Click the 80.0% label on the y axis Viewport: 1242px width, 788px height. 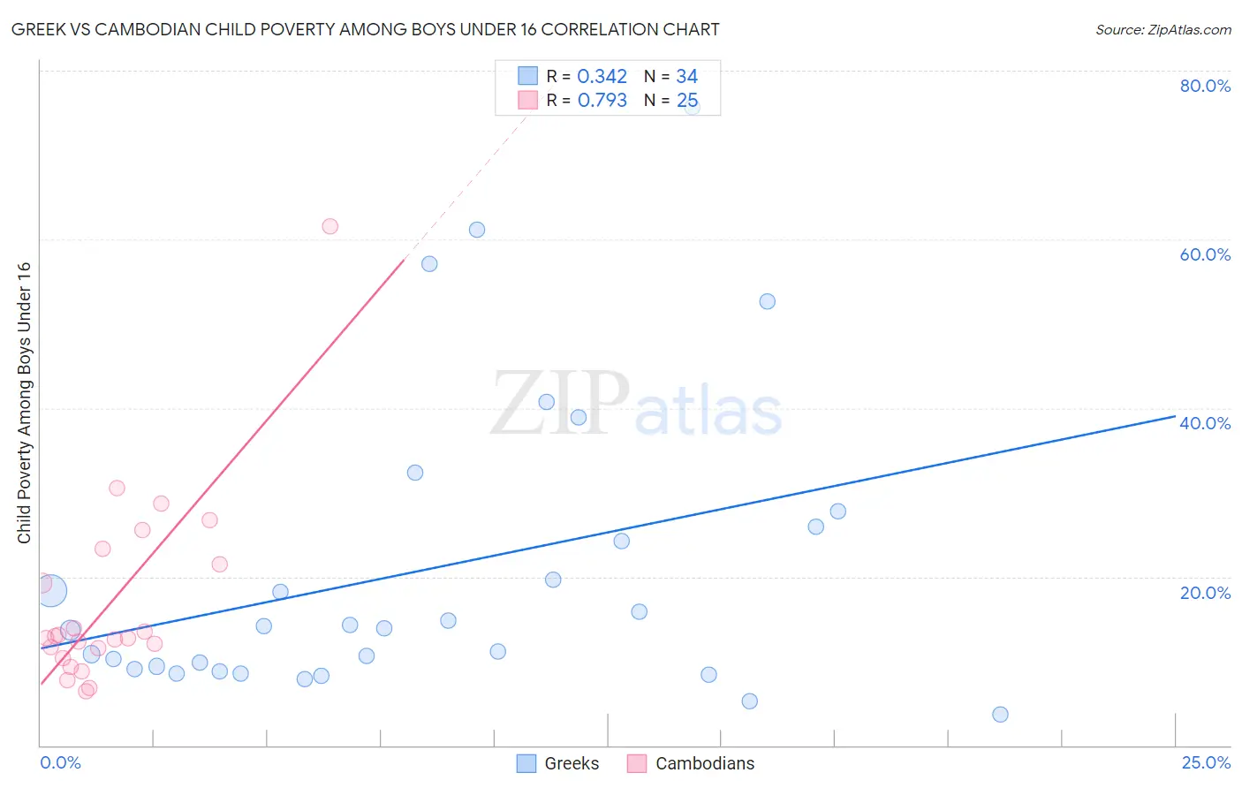point(1205,86)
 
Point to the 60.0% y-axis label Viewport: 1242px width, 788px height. point(1205,254)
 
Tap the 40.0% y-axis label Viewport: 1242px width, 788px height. point(1205,423)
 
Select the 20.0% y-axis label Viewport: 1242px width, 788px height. point(1205,592)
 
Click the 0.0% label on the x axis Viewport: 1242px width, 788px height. point(60,762)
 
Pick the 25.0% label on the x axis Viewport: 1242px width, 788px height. point(1206,762)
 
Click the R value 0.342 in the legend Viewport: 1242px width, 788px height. point(602,77)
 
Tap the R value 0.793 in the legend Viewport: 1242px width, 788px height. point(602,101)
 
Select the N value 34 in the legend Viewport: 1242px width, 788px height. point(686,77)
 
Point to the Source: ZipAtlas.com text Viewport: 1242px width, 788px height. point(1162,30)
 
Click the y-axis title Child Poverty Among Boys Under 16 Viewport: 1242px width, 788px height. point(25,403)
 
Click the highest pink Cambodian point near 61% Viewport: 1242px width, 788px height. point(329,226)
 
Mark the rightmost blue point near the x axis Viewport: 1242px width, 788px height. point(1000,714)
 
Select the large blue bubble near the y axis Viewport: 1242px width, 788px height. point(51,590)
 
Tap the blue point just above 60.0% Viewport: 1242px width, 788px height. point(477,230)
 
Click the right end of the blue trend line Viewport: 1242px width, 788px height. point(1175,415)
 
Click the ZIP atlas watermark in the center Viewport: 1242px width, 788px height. point(636,404)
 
